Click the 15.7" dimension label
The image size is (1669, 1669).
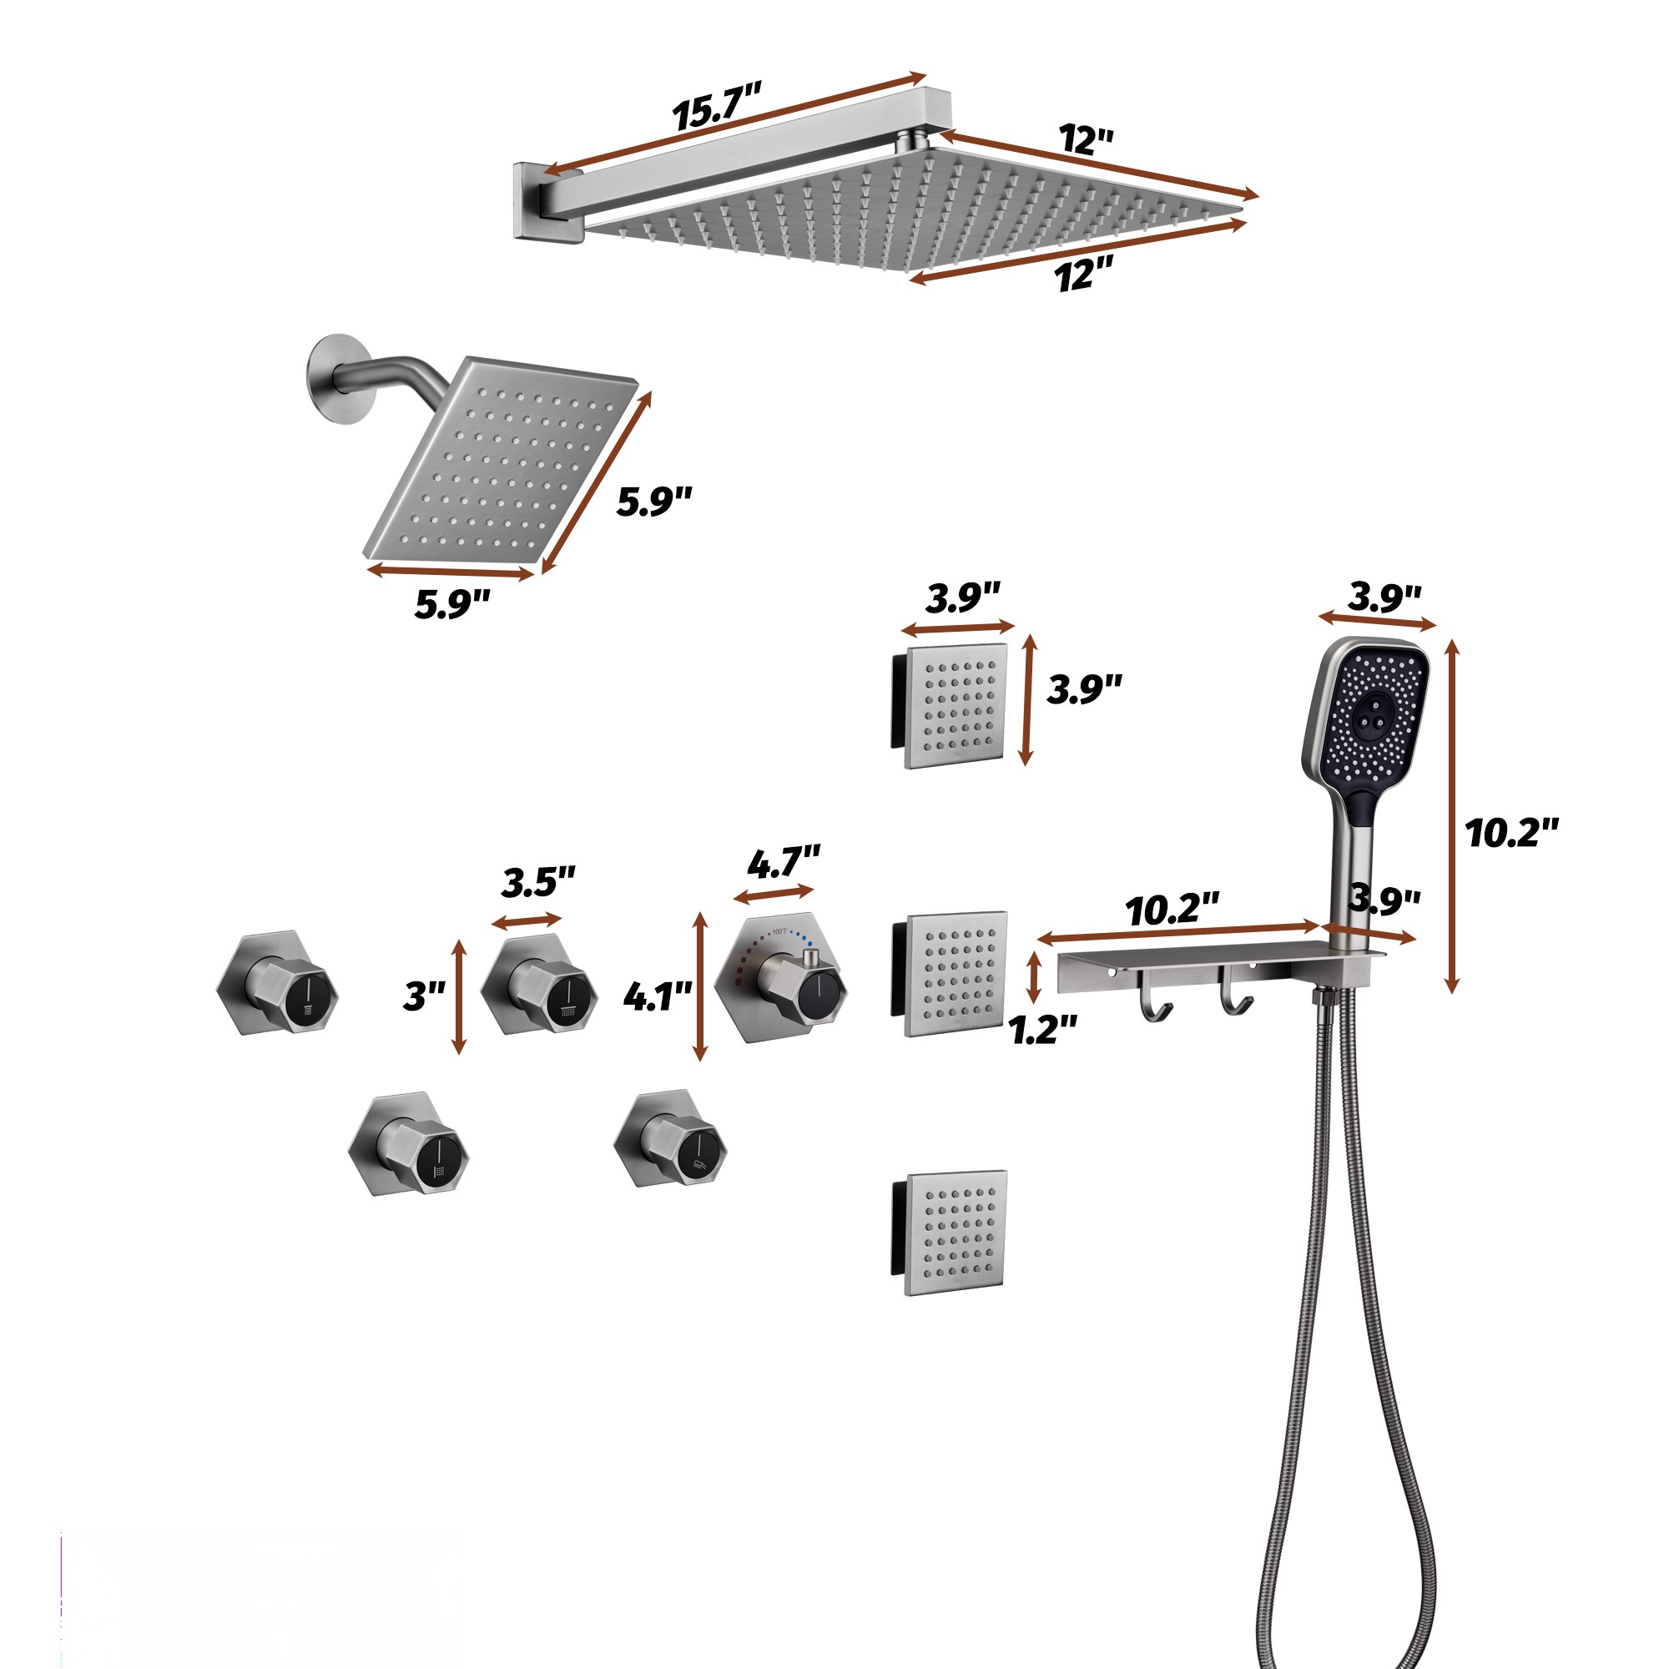[717, 105]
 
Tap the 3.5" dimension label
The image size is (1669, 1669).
[538, 882]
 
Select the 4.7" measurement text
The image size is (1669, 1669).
[784, 862]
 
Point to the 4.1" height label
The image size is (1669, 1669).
[658, 996]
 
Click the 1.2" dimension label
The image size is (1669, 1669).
[1044, 1029]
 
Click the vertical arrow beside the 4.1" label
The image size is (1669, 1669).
[701, 987]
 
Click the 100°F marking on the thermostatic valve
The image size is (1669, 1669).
[779, 931]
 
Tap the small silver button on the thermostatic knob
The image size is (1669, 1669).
[810, 958]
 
